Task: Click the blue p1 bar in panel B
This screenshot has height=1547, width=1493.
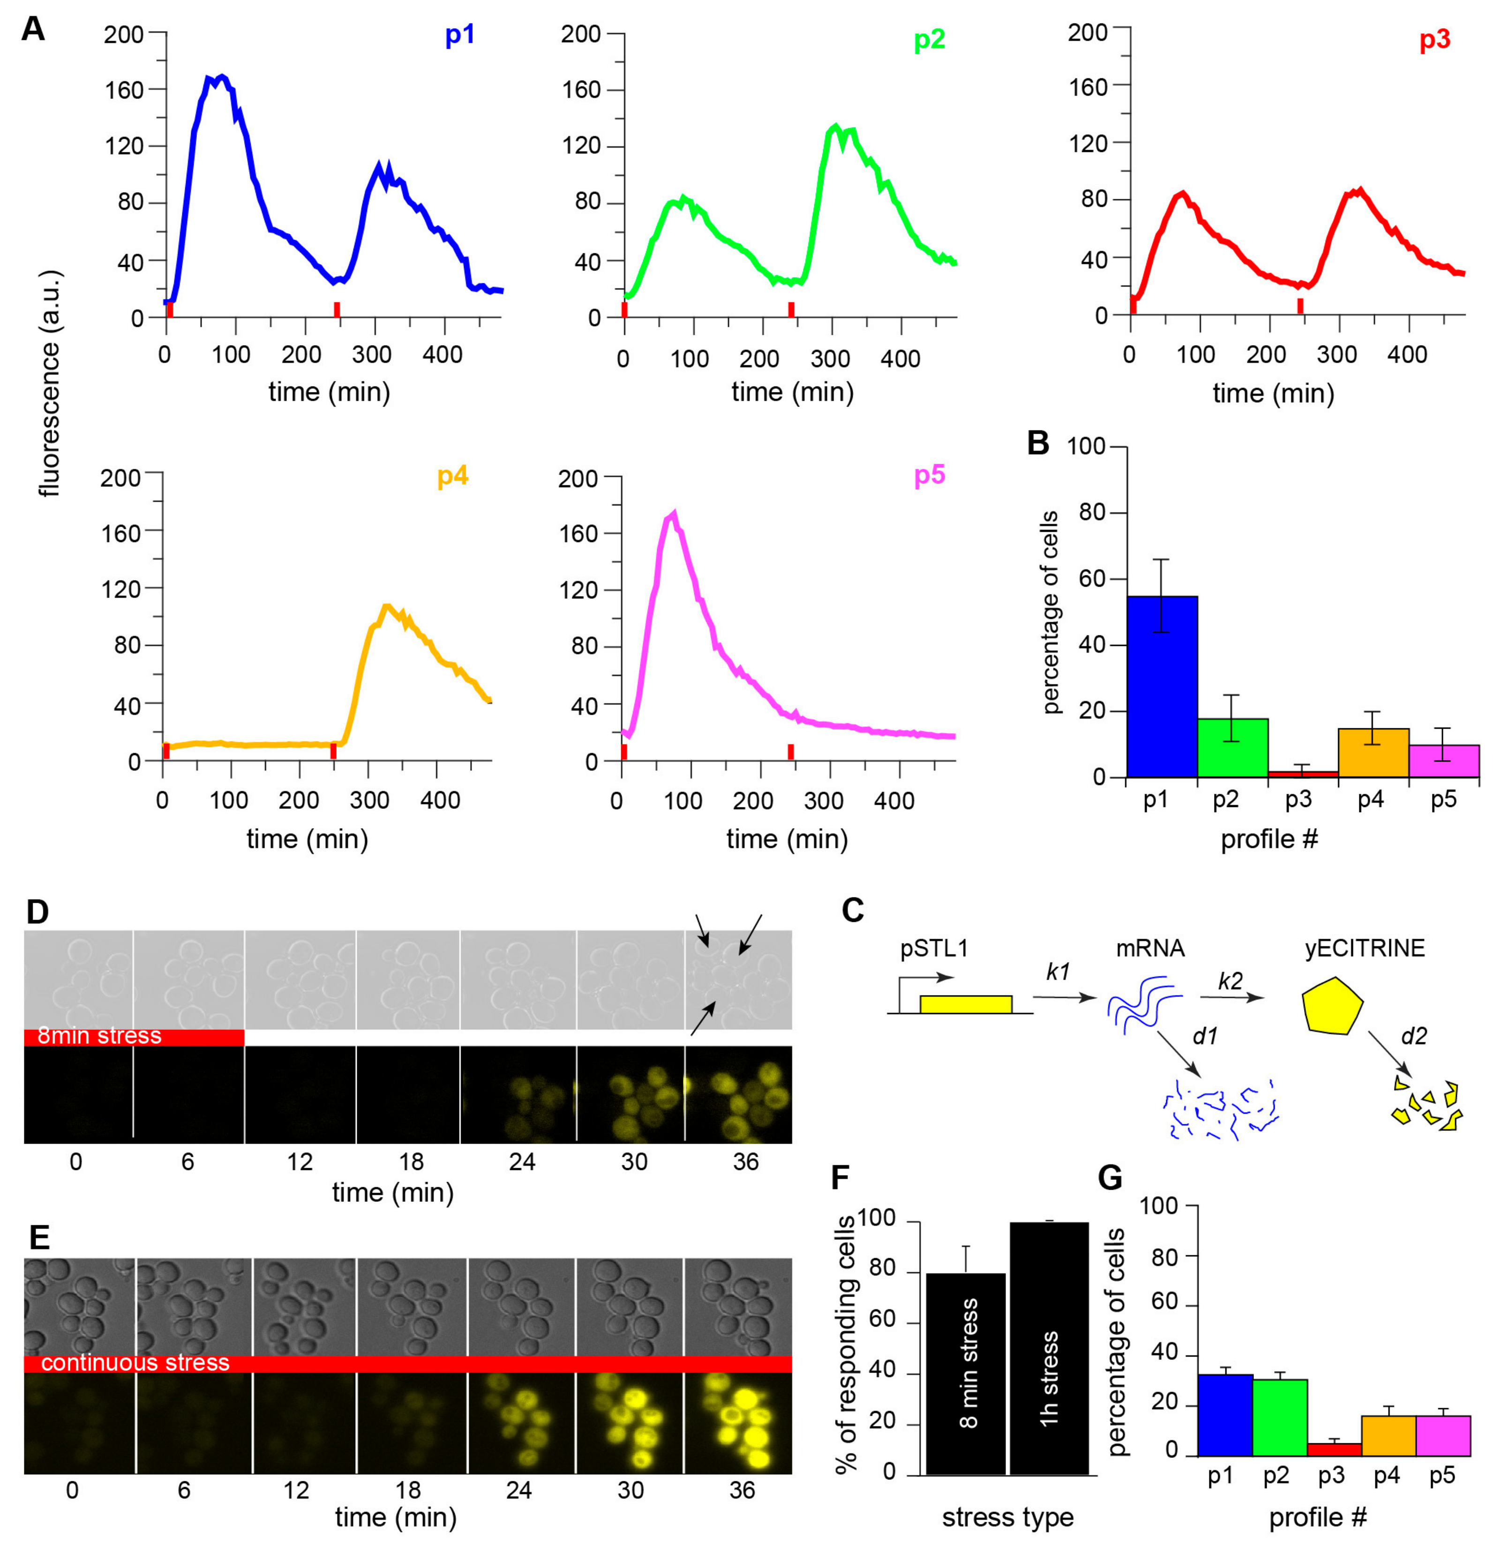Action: point(1162,686)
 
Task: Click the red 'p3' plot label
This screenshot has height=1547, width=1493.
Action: point(1434,39)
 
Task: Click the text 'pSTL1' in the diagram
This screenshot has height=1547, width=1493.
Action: point(933,948)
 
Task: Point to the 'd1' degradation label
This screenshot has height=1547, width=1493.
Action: point(1205,1035)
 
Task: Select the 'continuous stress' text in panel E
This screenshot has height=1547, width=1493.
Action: point(135,1363)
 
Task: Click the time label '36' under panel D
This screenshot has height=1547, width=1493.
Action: point(746,1162)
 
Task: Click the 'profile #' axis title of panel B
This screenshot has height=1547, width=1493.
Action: point(1269,839)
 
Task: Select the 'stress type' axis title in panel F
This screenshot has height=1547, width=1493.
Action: point(1008,1517)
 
